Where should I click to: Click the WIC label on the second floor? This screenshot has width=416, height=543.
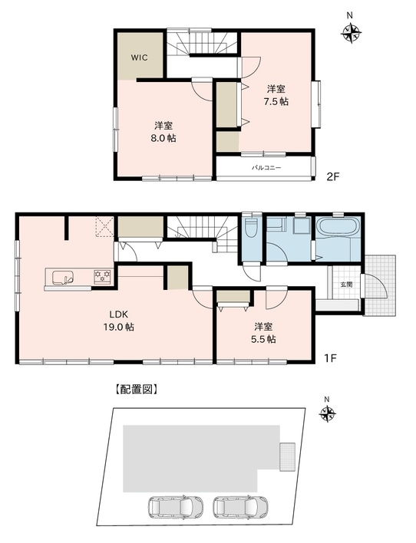point(140,58)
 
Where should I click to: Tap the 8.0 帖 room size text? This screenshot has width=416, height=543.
point(163,138)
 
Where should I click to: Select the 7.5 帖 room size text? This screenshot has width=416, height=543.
point(276,101)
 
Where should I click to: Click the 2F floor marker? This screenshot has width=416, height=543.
point(333,177)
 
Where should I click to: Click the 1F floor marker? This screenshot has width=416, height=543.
point(330,358)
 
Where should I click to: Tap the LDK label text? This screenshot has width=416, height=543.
point(119,314)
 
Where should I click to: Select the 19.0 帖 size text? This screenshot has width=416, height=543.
point(119,327)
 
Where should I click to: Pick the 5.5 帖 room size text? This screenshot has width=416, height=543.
point(263,339)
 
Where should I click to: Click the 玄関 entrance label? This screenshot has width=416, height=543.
point(346,285)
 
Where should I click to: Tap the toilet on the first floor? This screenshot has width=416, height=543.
point(251,228)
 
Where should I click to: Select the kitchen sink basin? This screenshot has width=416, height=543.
point(63,278)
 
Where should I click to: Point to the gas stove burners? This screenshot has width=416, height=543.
point(102,275)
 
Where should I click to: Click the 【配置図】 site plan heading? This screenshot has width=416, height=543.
point(136,390)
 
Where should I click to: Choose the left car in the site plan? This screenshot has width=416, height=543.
point(176,508)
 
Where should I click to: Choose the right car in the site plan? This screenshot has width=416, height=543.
point(240,508)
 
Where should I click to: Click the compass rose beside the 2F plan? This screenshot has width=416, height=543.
point(352,33)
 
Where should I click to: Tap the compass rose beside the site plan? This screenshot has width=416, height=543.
point(327,413)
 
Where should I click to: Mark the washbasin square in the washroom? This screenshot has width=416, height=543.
point(300,227)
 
